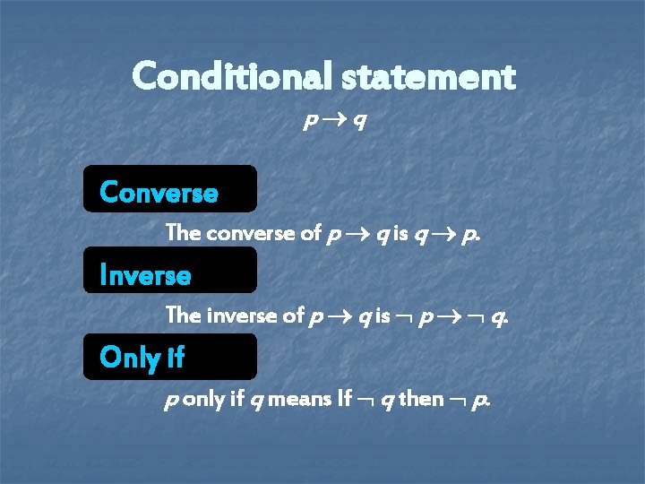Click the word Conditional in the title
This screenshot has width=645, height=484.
click(233, 77)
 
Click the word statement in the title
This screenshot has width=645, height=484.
click(429, 78)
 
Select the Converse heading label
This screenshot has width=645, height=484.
click(159, 193)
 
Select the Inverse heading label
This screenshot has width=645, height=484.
click(146, 274)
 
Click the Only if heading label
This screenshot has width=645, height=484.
click(142, 357)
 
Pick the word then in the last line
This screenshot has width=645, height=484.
click(420, 398)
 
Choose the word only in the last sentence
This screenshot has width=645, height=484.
click(203, 398)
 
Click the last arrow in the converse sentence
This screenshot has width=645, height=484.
click(444, 235)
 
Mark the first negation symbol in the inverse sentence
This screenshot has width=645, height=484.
click(407, 316)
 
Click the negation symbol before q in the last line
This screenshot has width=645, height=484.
click(367, 399)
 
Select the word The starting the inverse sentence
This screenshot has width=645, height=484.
click(184, 315)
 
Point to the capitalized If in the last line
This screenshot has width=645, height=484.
click(345, 398)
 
